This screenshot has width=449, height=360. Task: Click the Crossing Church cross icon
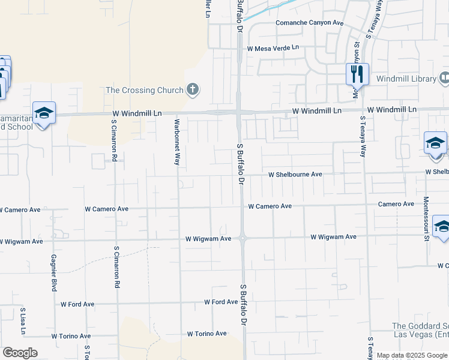coord(193,91)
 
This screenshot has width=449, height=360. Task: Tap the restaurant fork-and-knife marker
coord(357,74)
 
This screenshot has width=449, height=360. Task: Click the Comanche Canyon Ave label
coord(309,23)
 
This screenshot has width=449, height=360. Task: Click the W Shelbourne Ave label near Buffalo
coord(295,175)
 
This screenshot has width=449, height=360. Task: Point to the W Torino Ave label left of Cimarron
coord(71,337)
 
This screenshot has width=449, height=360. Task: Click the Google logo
coord(20,353)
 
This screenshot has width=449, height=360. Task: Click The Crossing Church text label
coord(144,91)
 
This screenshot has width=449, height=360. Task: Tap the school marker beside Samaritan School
coord(44,113)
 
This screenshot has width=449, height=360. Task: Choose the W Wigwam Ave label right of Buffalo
coord(333,237)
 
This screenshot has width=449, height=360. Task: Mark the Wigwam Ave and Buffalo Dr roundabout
coord(243,238)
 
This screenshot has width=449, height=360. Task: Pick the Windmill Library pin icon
coord(444,78)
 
